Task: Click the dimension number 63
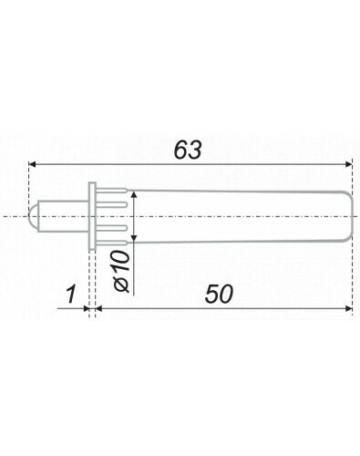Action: (x=188, y=150)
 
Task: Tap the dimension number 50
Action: (x=219, y=294)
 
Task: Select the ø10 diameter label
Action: (x=121, y=271)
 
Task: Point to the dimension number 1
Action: (x=71, y=294)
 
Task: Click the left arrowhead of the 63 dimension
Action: (x=32, y=164)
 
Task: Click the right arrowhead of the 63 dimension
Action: (x=349, y=164)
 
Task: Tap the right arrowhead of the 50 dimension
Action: (x=349, y=309)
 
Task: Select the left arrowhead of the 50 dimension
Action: (x=98, y=309)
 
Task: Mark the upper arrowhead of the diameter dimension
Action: (x=134, y=194)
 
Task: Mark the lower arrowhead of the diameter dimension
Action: (x=134, y=239)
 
